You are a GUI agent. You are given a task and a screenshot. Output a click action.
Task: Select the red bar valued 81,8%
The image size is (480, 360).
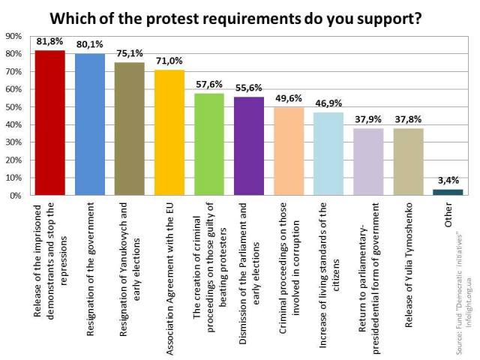(49, 124)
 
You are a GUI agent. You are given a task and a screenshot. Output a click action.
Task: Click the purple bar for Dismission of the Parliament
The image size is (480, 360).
(249, 146)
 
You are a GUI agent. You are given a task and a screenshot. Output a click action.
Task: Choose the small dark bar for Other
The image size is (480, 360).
(448, 192)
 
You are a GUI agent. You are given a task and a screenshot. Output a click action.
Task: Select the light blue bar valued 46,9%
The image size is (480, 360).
(328, 154)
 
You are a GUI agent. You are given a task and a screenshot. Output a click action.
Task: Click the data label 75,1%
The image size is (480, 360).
(129, 54)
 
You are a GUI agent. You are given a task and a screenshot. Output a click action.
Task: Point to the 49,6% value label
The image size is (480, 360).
(289, 99)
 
